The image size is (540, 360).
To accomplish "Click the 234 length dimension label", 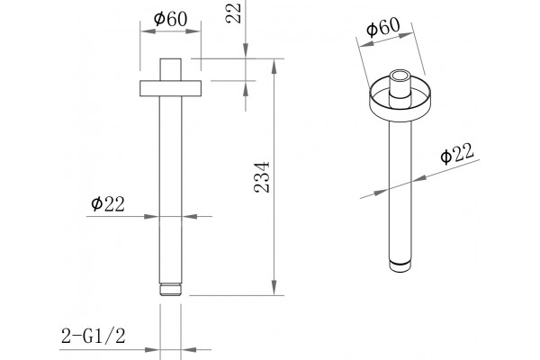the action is [262, 176].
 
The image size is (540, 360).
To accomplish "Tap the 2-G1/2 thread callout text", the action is [94, 336].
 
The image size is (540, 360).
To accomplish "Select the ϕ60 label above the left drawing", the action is [171, 19].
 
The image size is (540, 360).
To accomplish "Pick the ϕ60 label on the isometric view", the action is [383, 26].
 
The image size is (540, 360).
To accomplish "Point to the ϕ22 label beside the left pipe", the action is [108, 204].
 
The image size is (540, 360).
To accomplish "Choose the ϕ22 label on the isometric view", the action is [457, 153].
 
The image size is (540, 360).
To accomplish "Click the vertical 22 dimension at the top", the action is [233, 13].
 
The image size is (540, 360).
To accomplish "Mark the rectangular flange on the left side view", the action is [170, 88].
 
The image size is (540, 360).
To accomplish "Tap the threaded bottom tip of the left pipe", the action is [170, 290].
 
